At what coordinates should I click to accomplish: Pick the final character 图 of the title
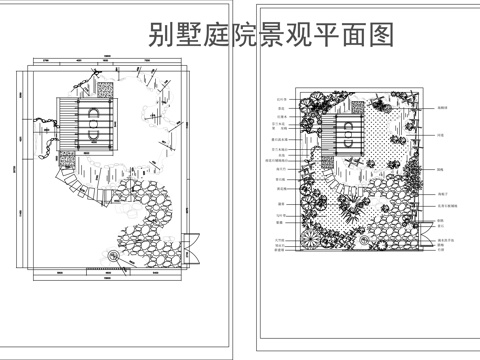[382, 35]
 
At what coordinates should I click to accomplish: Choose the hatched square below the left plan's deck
[68, 158]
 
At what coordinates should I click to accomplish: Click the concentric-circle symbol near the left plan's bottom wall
[114, 257]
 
